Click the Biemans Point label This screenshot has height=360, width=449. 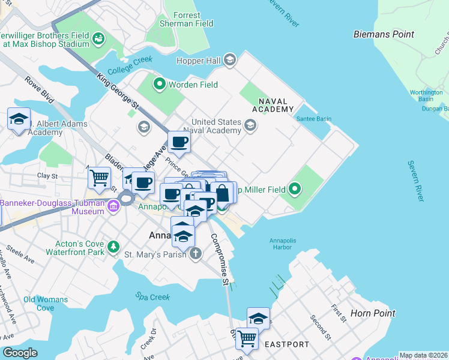[x=384, y=34]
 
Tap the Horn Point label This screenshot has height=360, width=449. [x=373, y=313]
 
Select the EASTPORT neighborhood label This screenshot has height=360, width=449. [x=286, y=344]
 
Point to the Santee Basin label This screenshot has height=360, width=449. [x=313, y=119]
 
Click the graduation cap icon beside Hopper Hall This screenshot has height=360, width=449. [x=230, y=60]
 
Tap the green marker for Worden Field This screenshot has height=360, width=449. [x=159, y=85]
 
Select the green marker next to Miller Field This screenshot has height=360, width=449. [x=294, y=190]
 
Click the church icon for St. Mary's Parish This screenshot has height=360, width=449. [x=195, y=254]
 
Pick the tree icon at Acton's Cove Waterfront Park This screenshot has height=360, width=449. [x=113, y=247]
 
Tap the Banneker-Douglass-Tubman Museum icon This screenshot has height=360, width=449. [x=113, y=207]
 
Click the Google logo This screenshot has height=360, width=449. [x=20, y=353]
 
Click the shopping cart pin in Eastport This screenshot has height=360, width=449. [x=247, y=338]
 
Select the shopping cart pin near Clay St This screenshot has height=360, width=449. [x=99, y=177]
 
